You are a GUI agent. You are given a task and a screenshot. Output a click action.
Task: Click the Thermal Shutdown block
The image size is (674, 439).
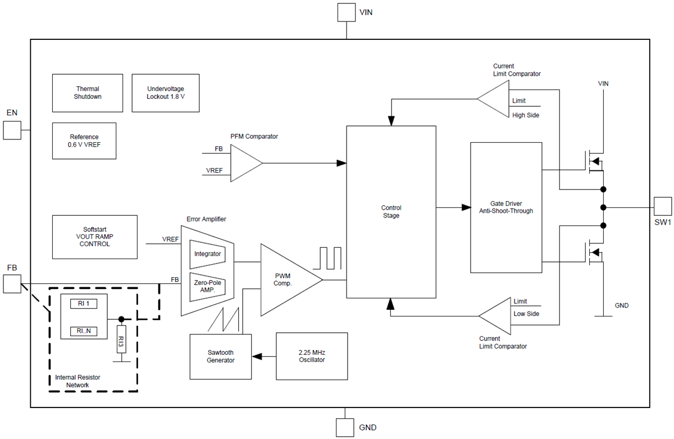[x=88, y=93]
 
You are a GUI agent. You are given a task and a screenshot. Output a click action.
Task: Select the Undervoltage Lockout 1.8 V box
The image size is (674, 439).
[x=165, y=93]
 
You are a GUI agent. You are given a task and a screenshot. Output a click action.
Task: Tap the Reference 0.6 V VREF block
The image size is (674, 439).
[x=84, y=141]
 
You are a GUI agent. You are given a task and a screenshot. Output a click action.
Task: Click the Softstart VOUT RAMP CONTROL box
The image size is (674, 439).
[x=94, y=237]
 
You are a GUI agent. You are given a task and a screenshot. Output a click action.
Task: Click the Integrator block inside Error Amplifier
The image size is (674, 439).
[x=207, y=254]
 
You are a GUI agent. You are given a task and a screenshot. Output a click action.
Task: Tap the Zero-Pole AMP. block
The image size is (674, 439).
[x=207, y=286]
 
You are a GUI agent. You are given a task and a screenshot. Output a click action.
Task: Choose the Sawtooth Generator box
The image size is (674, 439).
[x=220, y=356]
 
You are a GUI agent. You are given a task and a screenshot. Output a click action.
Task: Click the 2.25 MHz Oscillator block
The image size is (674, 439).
[x=311, y=356]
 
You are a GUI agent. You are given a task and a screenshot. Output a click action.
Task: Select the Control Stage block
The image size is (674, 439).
[x=391, y=211]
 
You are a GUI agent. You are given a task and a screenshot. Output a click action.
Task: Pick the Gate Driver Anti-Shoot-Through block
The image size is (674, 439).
[x=506, y=207]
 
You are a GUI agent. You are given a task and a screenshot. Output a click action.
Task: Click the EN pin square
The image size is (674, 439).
[x=12, y=131]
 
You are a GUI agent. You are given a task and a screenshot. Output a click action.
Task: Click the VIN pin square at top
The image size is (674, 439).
[x=346, y=12]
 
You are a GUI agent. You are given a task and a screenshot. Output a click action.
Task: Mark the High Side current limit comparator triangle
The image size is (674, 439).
[x=494, y=99]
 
